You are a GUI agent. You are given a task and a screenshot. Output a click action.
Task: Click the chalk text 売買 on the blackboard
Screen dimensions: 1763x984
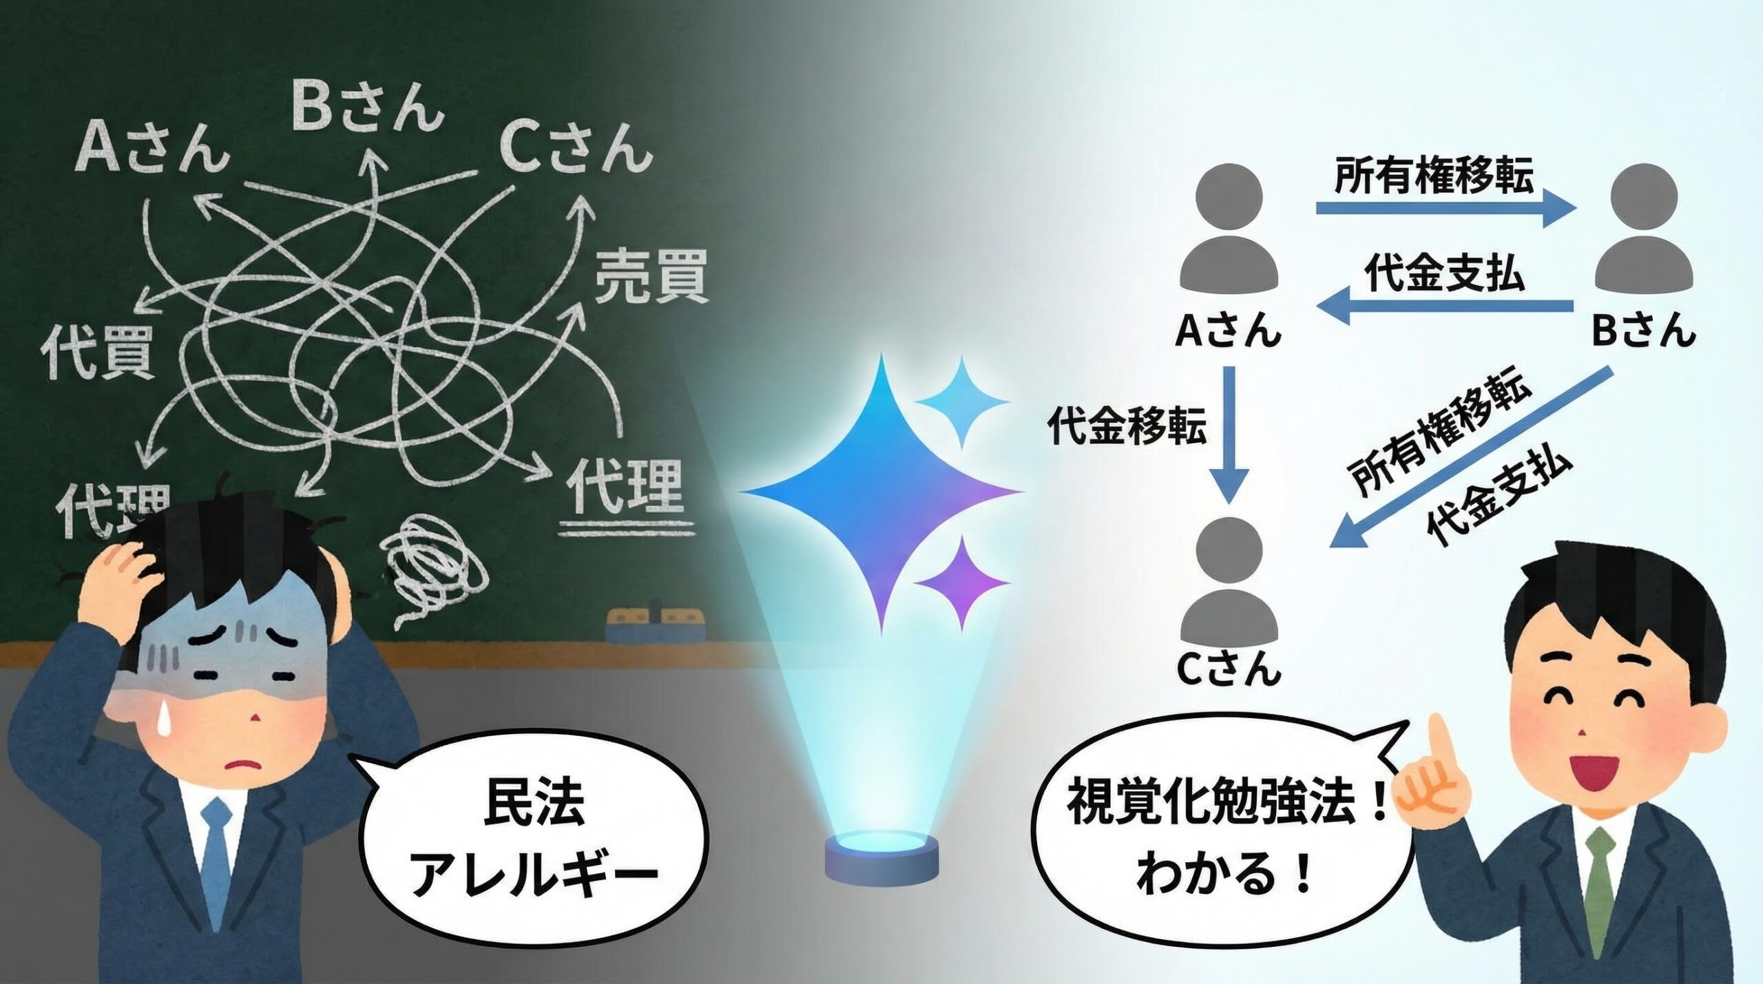651,277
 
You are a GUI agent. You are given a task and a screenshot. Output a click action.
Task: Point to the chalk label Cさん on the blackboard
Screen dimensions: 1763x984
575,147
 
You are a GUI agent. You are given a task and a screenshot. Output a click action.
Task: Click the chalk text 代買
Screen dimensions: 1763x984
97,352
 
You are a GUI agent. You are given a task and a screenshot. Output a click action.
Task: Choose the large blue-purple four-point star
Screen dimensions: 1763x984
881,492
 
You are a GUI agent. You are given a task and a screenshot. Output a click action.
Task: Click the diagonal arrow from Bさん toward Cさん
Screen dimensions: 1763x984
1470,458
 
